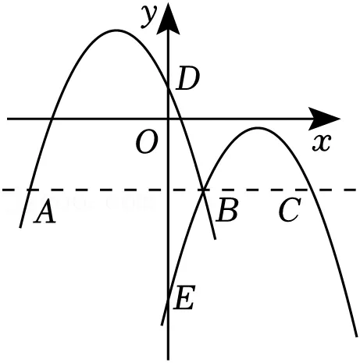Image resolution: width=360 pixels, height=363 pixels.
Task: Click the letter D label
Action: (187, 79)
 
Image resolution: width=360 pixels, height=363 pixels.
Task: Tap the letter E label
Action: (184, 297)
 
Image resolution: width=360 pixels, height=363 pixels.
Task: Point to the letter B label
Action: (226, 209)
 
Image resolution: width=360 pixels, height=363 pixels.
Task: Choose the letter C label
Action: (290, 210)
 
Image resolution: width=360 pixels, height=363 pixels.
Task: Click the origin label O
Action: (147, 142)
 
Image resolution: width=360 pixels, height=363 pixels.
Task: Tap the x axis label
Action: (322, 143)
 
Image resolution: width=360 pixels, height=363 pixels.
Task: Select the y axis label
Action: (150, 16)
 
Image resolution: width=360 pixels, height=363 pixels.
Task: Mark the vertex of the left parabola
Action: (116, 30)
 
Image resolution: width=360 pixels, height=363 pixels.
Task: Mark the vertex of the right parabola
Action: (258, 128)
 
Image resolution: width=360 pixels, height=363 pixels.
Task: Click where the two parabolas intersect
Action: (203, 190)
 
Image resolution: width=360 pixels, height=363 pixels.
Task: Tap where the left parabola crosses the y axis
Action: (168, 88)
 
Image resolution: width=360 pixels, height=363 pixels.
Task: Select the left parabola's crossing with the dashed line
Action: (30, 190)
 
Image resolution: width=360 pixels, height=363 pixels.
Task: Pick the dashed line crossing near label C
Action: (311, 190)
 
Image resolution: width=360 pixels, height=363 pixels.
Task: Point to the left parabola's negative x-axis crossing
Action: (52, 119)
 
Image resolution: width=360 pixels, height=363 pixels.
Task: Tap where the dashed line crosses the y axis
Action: (168, 190)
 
